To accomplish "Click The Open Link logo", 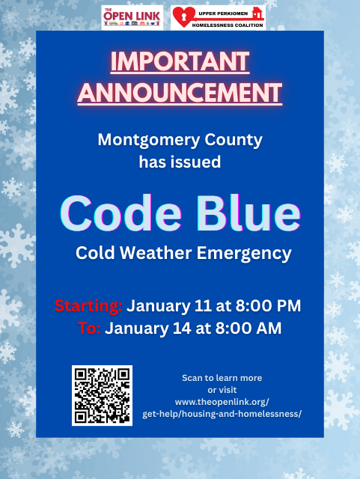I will click(x=132, y=16).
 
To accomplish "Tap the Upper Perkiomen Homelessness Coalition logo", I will click(x=217, y=16).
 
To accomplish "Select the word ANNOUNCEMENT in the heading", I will click(x=180, y=93).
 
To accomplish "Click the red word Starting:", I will click(x=88, y=306).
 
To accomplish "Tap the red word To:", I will click(x=89, y=329).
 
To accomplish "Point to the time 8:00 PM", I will click(x=267, y=306).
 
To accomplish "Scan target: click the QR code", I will click(x=103, y=395).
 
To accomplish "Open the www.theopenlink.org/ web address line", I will click(x=222, y=402).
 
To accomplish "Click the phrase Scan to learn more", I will click(x=222, y=377).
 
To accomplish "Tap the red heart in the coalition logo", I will click(x=183, y=16).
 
